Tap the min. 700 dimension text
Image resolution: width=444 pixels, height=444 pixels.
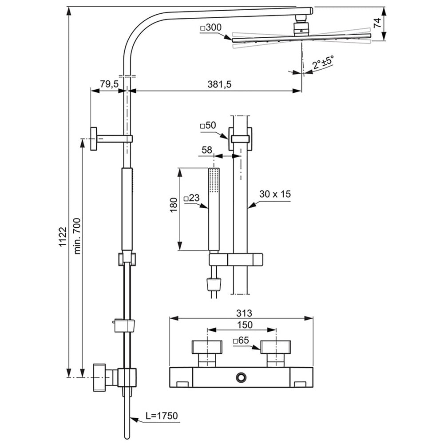click(77, 236)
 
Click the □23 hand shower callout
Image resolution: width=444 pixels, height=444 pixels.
click(191, 198)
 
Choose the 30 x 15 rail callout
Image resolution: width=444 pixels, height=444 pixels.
click(275, 194)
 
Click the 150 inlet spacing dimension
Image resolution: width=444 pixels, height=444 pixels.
click(242, 325)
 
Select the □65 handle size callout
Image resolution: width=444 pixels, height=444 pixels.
click(242, 341)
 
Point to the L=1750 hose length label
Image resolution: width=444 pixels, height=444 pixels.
click(161, 416)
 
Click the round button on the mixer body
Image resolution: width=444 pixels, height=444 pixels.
click(242, 377)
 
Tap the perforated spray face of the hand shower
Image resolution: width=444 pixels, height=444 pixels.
click(214, 180)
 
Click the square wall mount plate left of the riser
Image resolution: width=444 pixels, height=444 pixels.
click(94, 139)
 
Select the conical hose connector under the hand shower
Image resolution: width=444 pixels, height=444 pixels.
click(215, 282)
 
